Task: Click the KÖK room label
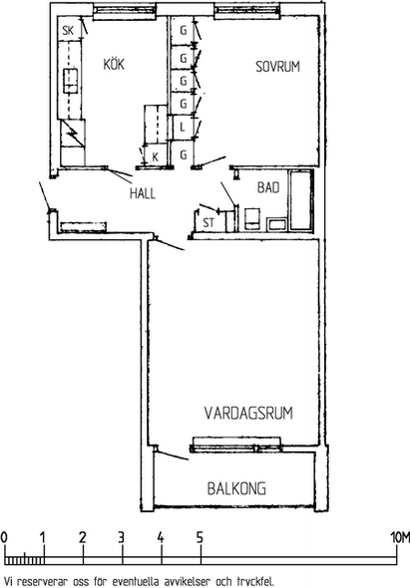click(114, 64)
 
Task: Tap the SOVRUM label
click(278, 67)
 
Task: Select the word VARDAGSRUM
click(248, 413)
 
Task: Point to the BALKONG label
click(236, 488)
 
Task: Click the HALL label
click(143, 193)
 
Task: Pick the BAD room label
click(268, 187)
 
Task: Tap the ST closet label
click(208, 223)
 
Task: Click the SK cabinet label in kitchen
click(68, 30)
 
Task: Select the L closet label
click(183, 128)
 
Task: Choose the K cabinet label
click(155, 157)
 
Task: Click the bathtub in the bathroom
click(301, 200)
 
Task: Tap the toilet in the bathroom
click(252, 218)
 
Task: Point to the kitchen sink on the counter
click(71, 81)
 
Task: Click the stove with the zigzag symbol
click(73, 134)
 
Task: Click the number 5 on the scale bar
click(200, 537)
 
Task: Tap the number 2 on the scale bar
click(82, 537)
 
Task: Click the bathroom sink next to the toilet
click(277, 223)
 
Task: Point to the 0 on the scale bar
click(4, 537)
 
